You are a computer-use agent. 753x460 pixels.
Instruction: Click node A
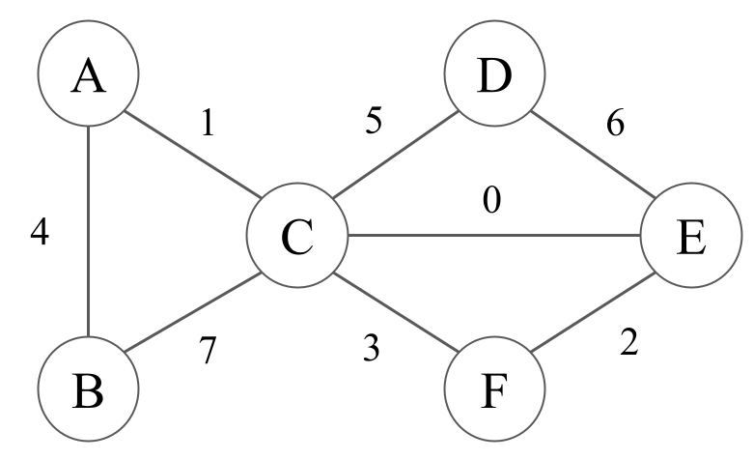[x=88, y=76]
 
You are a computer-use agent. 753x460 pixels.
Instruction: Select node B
[x=88, y=390]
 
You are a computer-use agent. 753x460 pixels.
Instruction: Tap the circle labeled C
[x=296, y=236]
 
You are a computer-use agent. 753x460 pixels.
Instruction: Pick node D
[x=494, y=76]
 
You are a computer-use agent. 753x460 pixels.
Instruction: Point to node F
[x=494, y=390]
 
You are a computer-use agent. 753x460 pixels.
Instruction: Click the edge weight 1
[x=207, y=123]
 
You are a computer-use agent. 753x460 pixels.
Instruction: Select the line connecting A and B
[x=88, y=233]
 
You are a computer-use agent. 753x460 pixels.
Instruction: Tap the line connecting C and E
[x=493, y=235]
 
